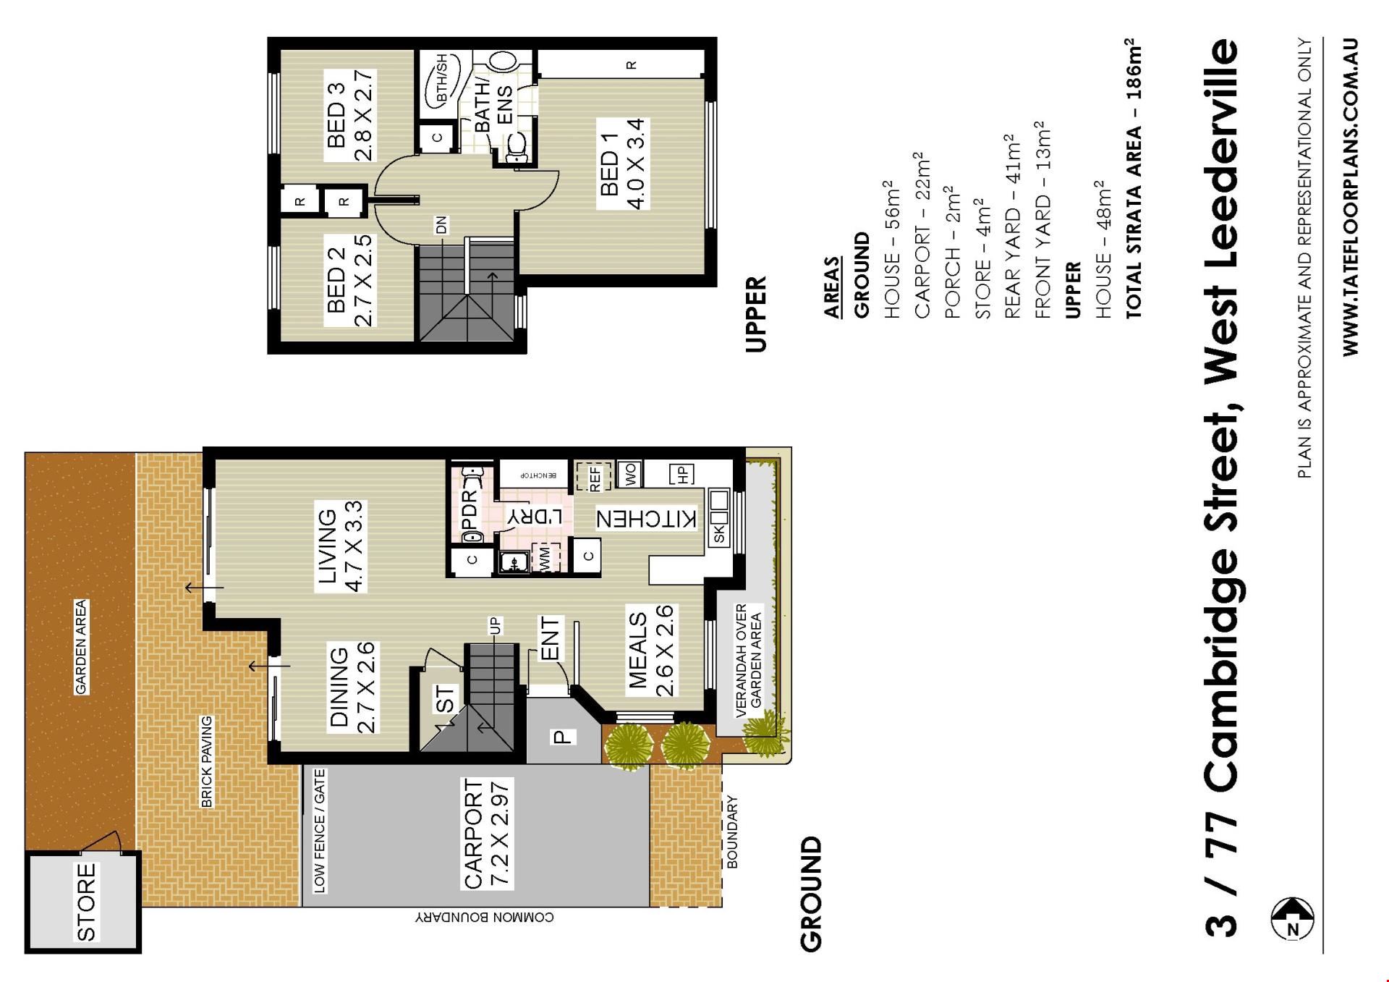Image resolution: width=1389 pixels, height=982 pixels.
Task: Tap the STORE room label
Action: pyautogui.click(x=85, y=902)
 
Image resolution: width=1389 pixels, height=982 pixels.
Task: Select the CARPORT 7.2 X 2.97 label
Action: pyautogui.click(x=487, y=834)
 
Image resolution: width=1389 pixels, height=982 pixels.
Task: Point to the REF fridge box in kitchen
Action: pyautogui.click(x=594, y=475)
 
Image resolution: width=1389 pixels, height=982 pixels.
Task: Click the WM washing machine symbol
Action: pyautogui.click(x=545, y=557)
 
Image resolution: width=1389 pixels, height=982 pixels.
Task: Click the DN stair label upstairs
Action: pyautogui.click(x=441, y=225)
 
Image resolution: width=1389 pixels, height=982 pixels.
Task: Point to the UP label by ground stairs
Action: pyautogui.click(x=496, y=625)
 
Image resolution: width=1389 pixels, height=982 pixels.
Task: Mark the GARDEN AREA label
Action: pyautogui.click(x=81, y=646)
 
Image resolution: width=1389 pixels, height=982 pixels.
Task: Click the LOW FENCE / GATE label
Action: pyautogui.click(x=319, y=831)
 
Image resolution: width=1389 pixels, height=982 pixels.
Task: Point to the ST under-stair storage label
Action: pyautogui.click(x=446, y=698)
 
